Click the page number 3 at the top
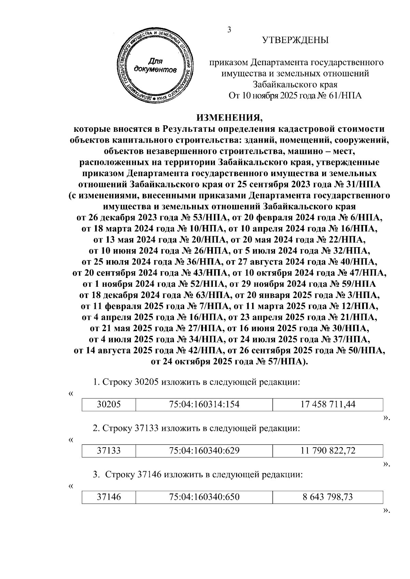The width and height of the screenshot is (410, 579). (229, 30)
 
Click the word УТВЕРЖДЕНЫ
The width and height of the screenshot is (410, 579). (295, 41)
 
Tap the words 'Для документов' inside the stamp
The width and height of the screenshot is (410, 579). (155, 66)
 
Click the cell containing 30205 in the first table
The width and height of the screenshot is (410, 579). (109, 405)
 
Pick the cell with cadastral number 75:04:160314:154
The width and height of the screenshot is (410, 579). (204, 405)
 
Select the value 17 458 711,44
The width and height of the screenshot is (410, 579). (328, 405)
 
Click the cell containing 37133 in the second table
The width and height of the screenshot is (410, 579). (109, 451)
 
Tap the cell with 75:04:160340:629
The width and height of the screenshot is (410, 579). (204, 451)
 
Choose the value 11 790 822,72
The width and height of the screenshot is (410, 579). (328, 451)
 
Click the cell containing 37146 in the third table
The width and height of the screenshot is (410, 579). (109, 497)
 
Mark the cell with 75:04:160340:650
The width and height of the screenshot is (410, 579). (204, 497)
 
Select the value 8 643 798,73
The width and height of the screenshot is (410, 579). (328, 497)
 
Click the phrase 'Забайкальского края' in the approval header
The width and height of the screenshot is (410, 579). (295, 84)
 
